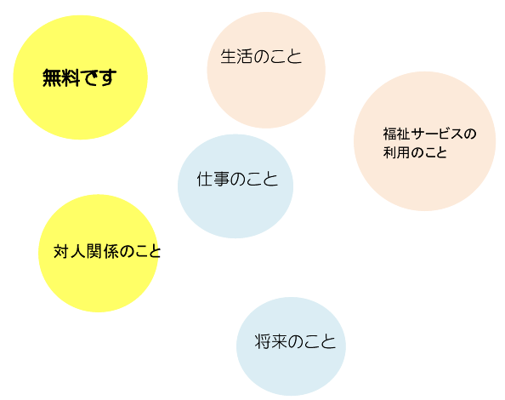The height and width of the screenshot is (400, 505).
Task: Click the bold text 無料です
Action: [x=79, y=77]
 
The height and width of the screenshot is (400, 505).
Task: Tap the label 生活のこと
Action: [x=261, y=56]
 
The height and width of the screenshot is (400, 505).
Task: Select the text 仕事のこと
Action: [x=237, y=179]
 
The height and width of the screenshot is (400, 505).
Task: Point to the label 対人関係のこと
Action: [x=107, y=251]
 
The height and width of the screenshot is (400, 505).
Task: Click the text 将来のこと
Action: [x=295, y=341]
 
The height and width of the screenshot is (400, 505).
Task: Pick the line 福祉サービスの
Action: [x=429, y=134]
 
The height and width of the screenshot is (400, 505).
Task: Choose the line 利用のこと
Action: [x=415, y=152]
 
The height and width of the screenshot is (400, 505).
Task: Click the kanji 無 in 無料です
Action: [x=52, y=77]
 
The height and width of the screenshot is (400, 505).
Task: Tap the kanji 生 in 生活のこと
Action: [x=229, y=56]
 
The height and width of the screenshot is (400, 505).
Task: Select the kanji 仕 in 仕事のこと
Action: [x=205, y=179]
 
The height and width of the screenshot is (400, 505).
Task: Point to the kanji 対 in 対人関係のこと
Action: [x=61, y=251]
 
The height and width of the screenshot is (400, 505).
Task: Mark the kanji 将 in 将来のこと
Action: [x=263, y=341]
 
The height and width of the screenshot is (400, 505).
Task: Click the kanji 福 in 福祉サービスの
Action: [x=389, y=134]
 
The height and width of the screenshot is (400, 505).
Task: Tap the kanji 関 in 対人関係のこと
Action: [x=94, y=251]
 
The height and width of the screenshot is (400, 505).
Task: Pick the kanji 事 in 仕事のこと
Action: [x=221, y=179]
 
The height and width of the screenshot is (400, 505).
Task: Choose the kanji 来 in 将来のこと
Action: [x=279, y=341]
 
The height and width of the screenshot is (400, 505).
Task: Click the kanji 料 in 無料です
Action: [x=71, y=77]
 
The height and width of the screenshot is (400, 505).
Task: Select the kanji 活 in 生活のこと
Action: [x=245, y=56]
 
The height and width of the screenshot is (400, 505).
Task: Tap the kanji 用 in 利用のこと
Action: [x=403, y=152]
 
